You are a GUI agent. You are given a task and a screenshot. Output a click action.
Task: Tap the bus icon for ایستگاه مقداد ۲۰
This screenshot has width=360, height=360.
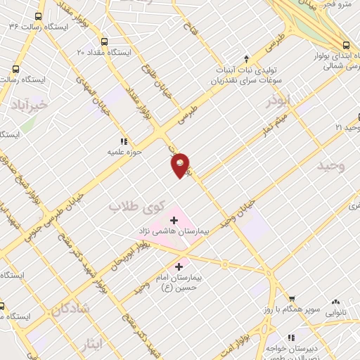tap(105, 41)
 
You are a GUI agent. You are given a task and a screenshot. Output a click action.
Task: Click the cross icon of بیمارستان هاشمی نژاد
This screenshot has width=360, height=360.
tap(174, 220)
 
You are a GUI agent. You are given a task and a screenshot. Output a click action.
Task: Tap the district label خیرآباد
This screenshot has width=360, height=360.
tap(27, 105)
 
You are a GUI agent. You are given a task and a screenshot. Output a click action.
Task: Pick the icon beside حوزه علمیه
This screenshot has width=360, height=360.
tap(124, 141)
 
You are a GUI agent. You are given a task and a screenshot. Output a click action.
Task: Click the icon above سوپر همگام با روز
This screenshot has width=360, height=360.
tap(292, 299)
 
